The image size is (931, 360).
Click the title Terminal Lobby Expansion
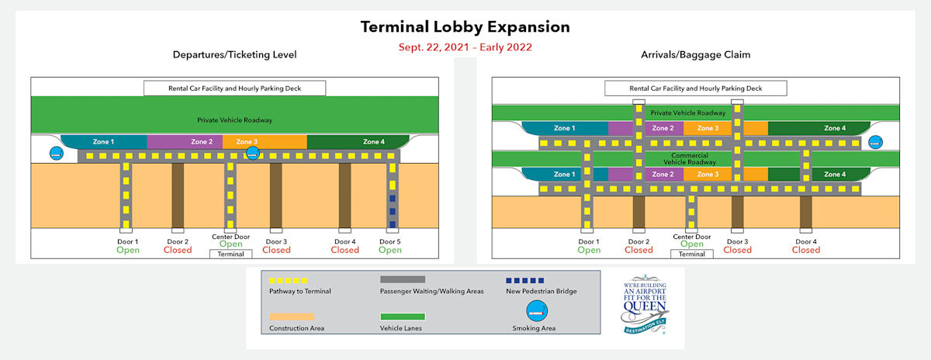click(465, 27)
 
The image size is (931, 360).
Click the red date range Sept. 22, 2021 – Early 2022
click(465, 47)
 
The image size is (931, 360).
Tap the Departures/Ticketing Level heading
click(234, 54)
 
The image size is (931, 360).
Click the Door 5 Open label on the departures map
click(390, 246)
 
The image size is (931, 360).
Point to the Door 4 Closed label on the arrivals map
click(806, 246)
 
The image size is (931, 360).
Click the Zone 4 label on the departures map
click(373, 142)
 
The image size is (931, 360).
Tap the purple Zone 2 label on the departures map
click(202, 142)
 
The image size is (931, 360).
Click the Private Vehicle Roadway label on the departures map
click(235, 120)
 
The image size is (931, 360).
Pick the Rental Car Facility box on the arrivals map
click(696, 88)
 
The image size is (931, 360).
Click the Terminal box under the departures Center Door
click(231, 254)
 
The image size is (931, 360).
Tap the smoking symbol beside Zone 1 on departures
click(57, 154)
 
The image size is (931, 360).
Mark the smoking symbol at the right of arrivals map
click(875, 143)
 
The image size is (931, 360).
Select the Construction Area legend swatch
click(292, 317)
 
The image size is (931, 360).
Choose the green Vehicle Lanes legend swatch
click(402, 317)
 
